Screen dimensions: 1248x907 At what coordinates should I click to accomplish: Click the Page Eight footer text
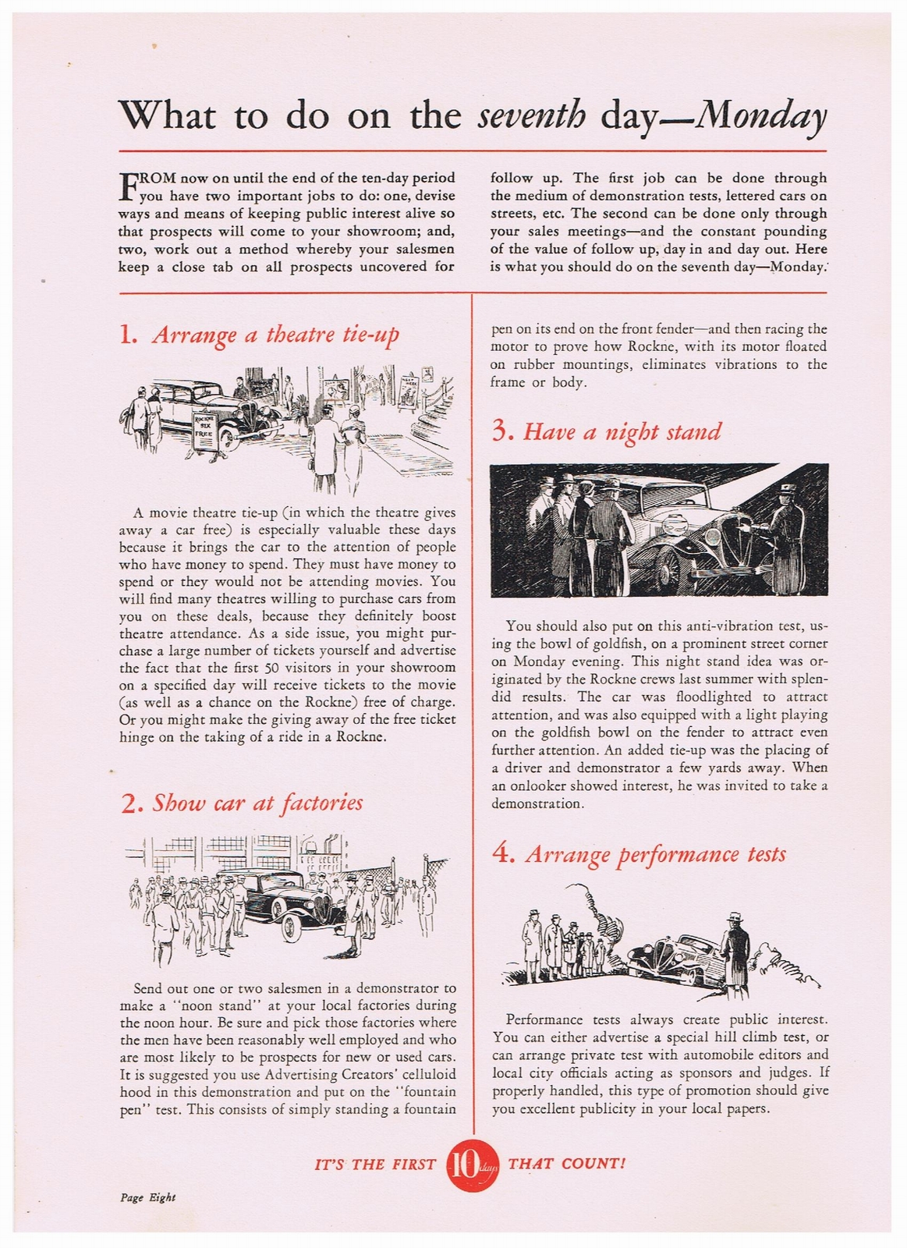click(147, 1197)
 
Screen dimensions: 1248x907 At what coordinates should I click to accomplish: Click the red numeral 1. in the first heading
click(129, 335)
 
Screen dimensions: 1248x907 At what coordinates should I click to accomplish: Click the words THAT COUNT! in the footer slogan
click(567, 1164)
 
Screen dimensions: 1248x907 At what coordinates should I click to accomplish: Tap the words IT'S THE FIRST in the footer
click(375, 1165)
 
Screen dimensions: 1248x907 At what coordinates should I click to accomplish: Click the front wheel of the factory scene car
click(290, 928)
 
